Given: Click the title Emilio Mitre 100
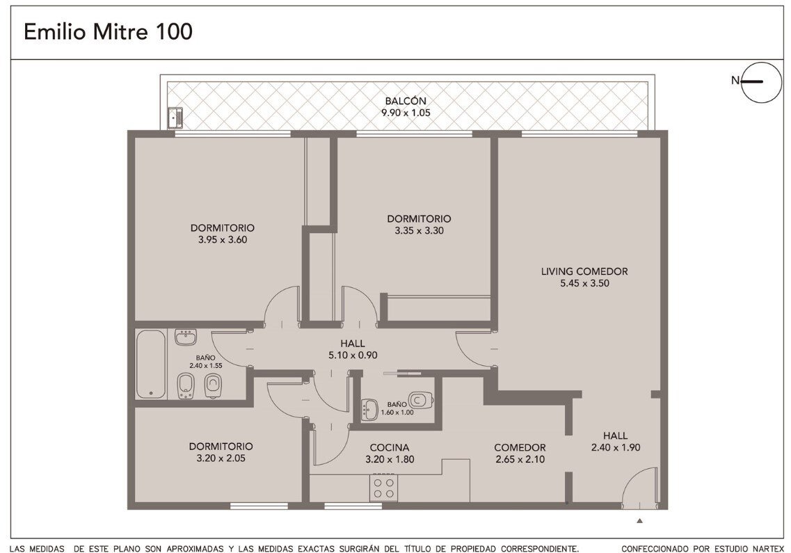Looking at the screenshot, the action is [x=108, y=32].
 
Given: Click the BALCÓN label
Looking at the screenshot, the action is [x=406, y=101].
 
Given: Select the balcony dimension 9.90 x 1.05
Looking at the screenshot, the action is [x=406, y=113].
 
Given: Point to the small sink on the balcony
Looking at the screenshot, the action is [x=175, y=117].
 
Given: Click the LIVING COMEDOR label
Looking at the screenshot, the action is [x=584, y=271].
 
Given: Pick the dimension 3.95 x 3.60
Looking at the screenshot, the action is [x=223, y=240].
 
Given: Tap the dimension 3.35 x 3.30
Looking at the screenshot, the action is [x=419, y=231].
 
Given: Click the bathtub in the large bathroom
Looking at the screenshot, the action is [x=150, y=364].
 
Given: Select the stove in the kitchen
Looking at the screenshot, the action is [x=383, y=488].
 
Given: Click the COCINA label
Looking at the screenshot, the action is [x=390, y=447].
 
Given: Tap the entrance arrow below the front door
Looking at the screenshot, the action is [x=639, y=520].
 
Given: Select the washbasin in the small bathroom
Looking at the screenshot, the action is [x=370, y=409].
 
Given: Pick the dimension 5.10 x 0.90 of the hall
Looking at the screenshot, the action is [x=353, y=355].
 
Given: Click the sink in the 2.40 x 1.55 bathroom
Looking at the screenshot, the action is [x=186, y=337].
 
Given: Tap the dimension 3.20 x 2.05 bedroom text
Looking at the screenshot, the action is [x=221, y=458].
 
